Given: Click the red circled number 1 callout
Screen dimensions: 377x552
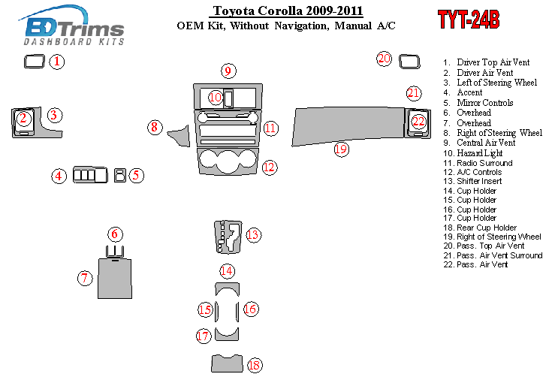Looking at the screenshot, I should tap(58, 62).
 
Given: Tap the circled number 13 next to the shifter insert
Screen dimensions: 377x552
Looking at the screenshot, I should tap(253, 235).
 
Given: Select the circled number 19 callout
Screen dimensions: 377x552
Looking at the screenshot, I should tap(342, 149).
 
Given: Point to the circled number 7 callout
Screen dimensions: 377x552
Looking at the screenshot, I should tap(86, 278).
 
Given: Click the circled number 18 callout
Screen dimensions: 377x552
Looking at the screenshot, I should tap(254, 366).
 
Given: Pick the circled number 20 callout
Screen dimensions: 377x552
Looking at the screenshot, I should tap(385, 59).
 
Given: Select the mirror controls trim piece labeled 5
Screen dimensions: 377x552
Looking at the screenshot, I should tap(119, 176).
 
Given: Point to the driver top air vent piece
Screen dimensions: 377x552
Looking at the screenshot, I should tap(34, 62).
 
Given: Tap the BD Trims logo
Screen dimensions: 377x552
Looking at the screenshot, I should tap(73, 29).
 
